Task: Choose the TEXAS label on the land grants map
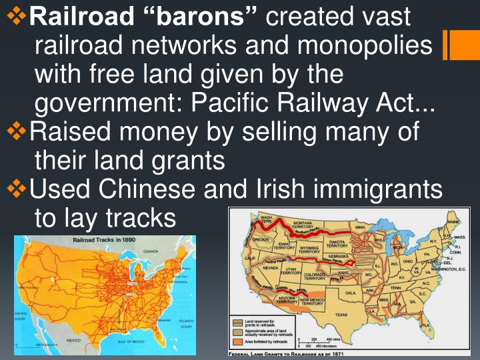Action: [x=341, y=315]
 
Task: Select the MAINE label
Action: [x=453, y=221]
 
